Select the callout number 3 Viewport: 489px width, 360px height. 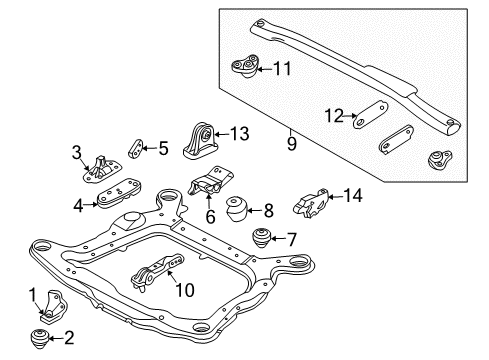pyautogui.click(x=75, y=152)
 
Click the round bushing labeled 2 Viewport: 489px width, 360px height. pyautogui.click(x=43, y=336)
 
